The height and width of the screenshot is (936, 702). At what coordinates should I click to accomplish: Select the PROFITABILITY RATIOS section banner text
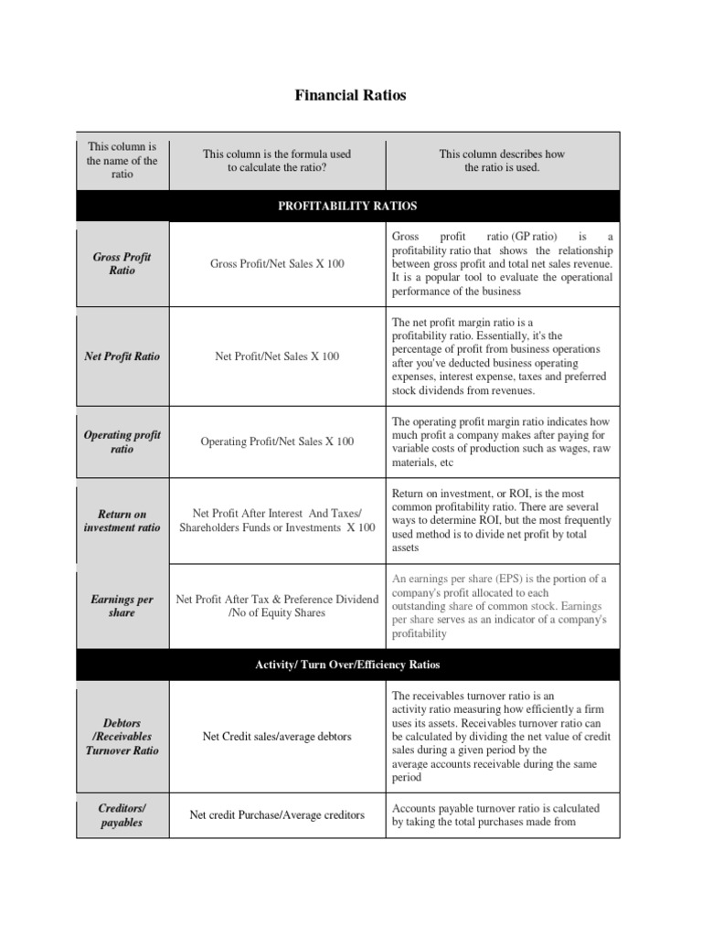click(x=348, y=206)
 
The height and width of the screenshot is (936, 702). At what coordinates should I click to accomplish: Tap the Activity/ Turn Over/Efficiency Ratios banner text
click(x=348, y=665)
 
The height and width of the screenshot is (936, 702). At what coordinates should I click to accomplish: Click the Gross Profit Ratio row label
click(x=122, y=264)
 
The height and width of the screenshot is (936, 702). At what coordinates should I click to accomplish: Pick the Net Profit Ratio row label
click(x=122, y=356)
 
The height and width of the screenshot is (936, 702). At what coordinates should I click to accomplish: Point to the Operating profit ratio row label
click(x=122, y=441)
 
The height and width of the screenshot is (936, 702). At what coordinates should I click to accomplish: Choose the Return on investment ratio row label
click(x=122, y=521)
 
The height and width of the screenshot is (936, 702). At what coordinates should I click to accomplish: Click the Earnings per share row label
click(x=122, y=606)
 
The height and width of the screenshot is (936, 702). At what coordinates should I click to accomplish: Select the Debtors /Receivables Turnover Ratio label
click(x=122, y=736)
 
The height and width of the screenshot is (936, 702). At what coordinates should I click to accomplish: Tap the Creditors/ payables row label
click(x=122, y=815)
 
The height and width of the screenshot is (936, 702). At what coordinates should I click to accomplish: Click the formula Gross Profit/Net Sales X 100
click(x=277, y=264)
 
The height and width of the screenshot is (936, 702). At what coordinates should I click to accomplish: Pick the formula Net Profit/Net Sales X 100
click(x=277, y=356)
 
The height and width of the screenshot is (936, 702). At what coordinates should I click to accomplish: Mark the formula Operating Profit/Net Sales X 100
click(x=277, y=441)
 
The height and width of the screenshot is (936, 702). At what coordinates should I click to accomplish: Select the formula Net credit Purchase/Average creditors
click(x=277, y=814)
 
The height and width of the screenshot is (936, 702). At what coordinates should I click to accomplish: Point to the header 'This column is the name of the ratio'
click(x=122, y=160)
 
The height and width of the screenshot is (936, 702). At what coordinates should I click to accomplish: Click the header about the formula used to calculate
click(x=277, y=161)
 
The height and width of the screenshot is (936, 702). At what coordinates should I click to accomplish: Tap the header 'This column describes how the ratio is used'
click(x=502, y=161)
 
